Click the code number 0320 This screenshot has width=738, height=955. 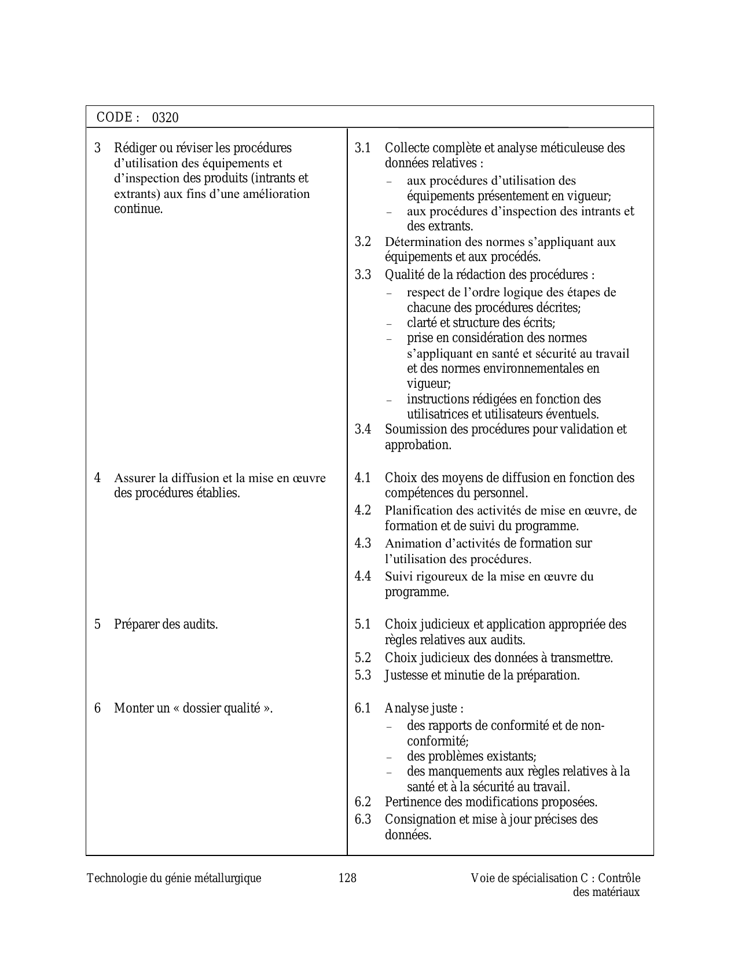(166, 118)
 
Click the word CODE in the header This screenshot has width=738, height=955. (115, 117)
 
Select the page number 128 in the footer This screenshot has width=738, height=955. (347, 878)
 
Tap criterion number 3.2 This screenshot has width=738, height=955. (363, 242)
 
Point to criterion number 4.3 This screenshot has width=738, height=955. (363, 543)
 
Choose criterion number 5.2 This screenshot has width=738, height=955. (363, 658)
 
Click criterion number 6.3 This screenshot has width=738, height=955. (363, 819)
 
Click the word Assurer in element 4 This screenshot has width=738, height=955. (134, 478)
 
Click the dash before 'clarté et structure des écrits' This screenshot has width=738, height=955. (389, 324)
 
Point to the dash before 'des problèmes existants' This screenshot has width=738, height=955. (389, 757)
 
